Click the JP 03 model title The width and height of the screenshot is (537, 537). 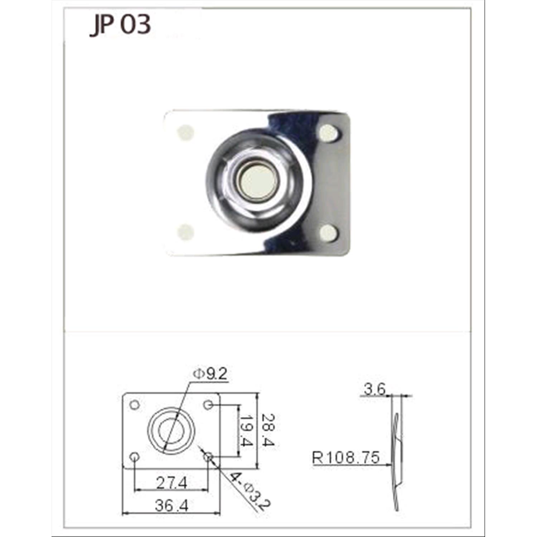click(x=120, y=25)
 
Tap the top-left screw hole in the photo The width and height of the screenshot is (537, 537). click(x=185, y=132)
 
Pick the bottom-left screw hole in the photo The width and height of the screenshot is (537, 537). click(x=186, y=232)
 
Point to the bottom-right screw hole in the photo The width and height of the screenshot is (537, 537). click(x=329, y=233)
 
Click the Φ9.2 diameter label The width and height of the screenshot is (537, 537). click(x=210, y=374)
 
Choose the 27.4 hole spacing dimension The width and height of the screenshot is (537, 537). click(x=171, y=483)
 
